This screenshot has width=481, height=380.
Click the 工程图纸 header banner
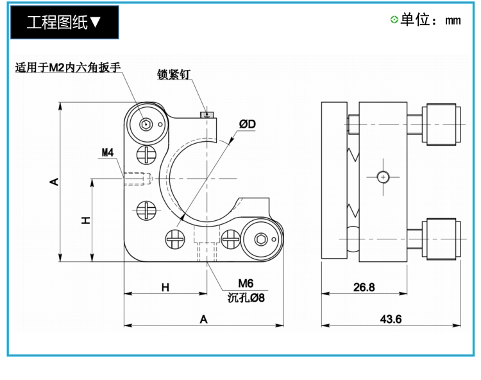tap(65, 22)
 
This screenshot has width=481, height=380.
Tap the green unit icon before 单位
tap(394, 20)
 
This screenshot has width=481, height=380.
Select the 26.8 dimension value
tap(364, 288)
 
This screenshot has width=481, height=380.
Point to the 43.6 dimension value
tap(391, 319)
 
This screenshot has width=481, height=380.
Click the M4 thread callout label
tap(107, 152)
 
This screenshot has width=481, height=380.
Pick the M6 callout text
tap(246, 283)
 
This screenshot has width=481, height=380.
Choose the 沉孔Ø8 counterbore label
tap(246, 297)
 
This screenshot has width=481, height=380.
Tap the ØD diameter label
tap(248, 124)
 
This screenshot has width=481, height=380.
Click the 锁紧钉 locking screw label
tap(174, 74)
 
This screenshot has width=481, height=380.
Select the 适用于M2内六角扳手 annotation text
tap(68, 67)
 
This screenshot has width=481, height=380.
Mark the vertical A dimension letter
tap(54, 182)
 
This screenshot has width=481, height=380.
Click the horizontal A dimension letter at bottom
tap(204, 320)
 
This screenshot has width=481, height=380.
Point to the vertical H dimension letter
tap(85, 220)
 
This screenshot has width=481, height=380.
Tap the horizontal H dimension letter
tap(165, 288)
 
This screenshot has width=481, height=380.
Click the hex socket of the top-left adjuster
tap(146, 125)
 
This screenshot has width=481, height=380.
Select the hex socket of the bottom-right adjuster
tap(261, 239)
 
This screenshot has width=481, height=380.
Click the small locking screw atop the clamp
tap(207, 115)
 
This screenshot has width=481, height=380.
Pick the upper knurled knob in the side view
tap(441, 125)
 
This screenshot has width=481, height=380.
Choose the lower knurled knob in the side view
tap(441, 239)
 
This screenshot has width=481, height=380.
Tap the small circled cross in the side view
tap(383, 177)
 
